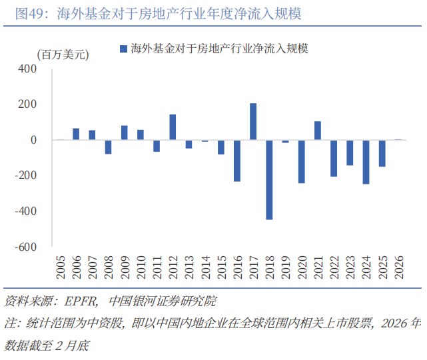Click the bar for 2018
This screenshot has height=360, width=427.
pos(269,180)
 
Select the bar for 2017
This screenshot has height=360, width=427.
pos(253,122)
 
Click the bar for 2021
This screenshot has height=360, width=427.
pos(318,130)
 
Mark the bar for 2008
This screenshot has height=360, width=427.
pos(108,146)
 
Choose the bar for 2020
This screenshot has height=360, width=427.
pos(301,161)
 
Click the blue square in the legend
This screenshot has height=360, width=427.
pos(123,49)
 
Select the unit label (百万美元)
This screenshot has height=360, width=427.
pos(64,55)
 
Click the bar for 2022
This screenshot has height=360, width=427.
pos(334,158)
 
